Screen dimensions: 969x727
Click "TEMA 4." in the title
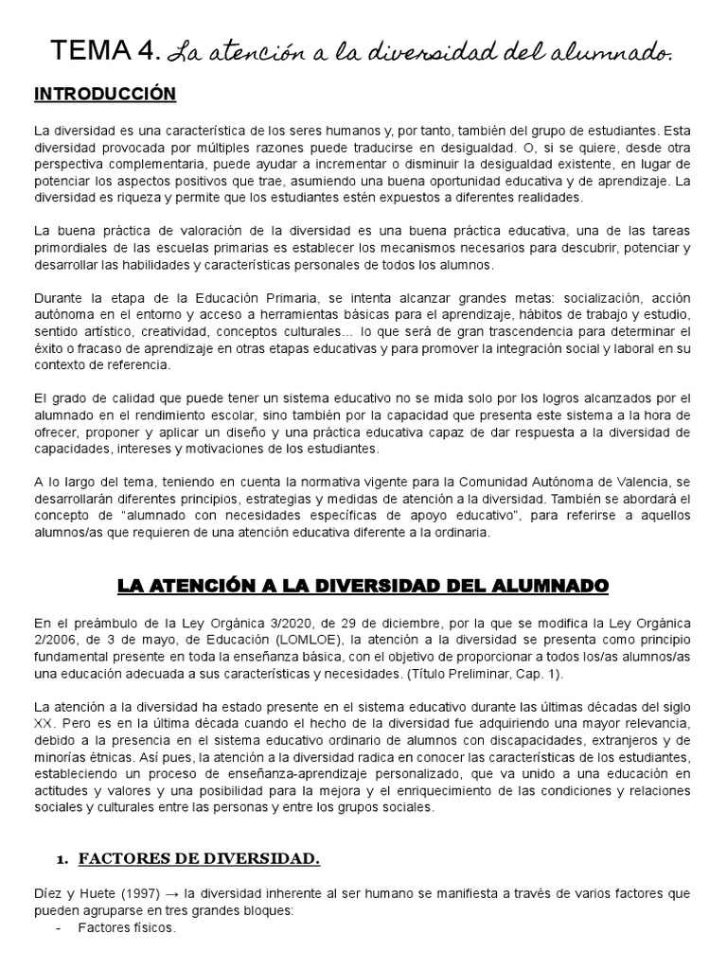pos(106,51)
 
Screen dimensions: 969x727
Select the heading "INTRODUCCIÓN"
pos(105,95)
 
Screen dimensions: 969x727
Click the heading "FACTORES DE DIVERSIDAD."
pos(199,858)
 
